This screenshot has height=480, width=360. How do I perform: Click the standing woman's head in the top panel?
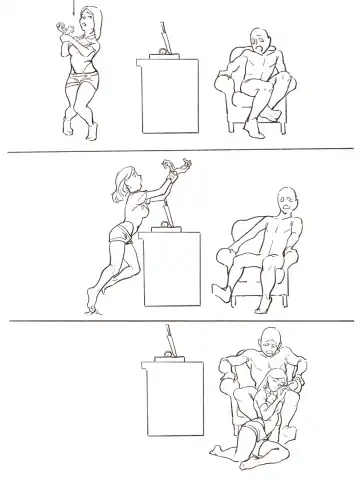pos(82,21)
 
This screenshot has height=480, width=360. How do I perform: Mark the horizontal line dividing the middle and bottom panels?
pos(180,321)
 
